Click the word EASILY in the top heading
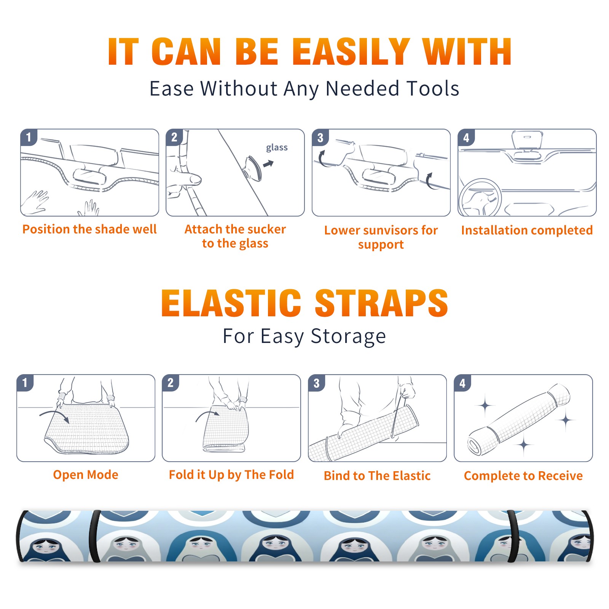pos(351,52)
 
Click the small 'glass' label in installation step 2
pos(277,148)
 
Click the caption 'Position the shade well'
pos(89,229)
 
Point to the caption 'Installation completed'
pos(527,230)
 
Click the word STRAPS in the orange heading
pos(381,303)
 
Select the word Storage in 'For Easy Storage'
pos(348,336)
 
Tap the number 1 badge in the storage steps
pos(25,383)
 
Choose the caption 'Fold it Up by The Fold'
pos(231,475)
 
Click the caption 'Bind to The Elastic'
pos(377,476)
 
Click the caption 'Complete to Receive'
pos(523,476)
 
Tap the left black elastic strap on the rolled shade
pos(94,536)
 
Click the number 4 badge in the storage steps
pos(462,383)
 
